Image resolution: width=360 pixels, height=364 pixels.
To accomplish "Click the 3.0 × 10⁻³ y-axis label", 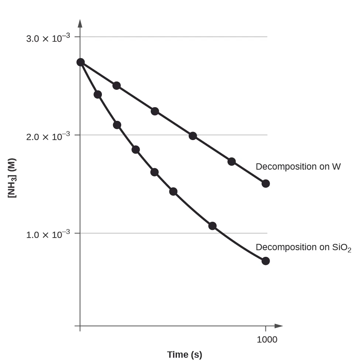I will click(48, 38).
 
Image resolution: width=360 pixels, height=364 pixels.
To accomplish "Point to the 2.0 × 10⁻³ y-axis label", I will click(48, 136).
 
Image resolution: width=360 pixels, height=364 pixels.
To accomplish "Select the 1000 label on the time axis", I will click(267, 340).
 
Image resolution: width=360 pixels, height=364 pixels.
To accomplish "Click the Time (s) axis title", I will click(185, 355).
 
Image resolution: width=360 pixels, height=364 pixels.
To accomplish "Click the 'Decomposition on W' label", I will click(298, 167).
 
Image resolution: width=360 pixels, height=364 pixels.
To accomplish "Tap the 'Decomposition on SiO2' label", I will click(303, 247).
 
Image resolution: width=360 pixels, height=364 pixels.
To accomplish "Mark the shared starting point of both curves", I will click(80, 62).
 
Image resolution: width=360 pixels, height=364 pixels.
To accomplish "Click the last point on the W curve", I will click(265, 184).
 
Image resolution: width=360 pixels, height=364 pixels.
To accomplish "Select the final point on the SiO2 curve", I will click(265, 261).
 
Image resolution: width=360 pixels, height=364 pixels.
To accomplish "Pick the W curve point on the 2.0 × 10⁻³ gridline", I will click(193, 136).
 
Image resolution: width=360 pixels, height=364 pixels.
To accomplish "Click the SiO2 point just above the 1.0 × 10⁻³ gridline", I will click(212, 226).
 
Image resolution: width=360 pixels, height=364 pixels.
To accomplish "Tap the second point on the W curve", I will click(117, 86).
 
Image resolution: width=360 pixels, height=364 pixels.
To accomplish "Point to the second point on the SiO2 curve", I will click(98, 95).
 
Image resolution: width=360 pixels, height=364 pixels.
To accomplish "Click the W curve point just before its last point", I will click(232, 161).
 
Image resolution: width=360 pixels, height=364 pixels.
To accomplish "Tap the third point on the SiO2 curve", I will click(117, 125).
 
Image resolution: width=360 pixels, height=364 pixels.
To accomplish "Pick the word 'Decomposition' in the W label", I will click(281, 167).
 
